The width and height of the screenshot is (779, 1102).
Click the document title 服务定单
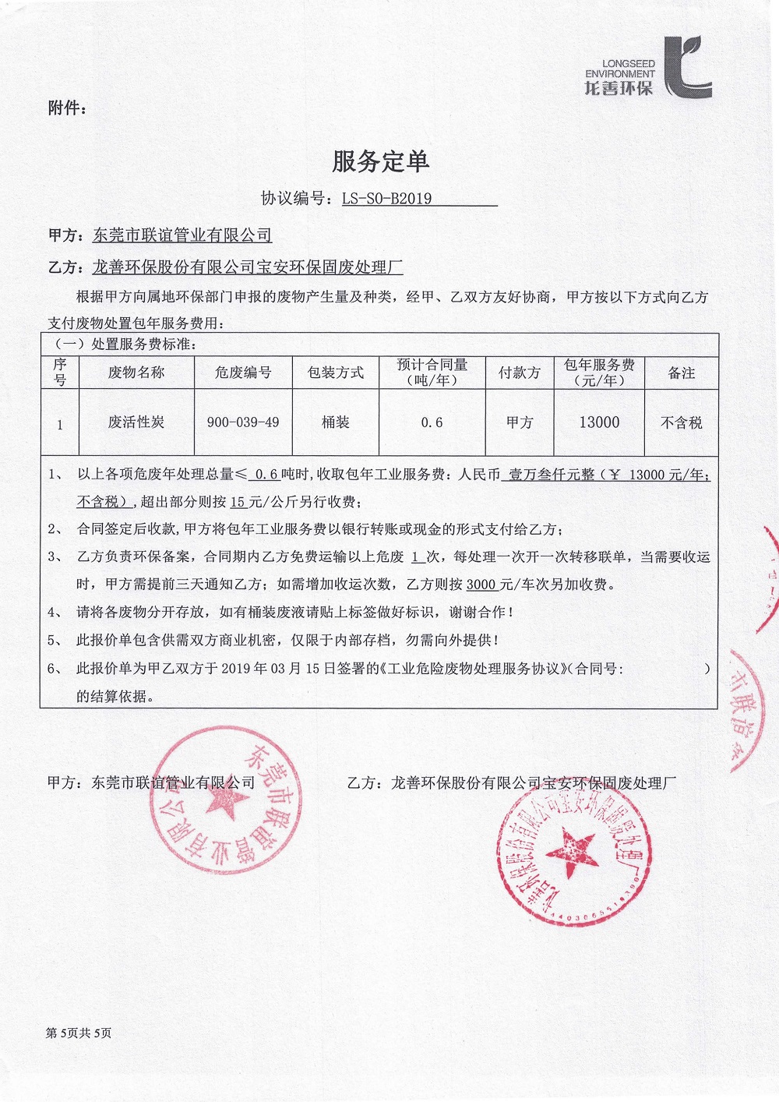click(380, 161)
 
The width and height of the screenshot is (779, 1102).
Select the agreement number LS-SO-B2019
click(386, 199)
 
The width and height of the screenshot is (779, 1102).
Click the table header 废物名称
click(136, 373)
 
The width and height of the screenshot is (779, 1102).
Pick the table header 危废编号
click(243, 373)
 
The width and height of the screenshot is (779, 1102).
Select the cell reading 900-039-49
click(243, 422)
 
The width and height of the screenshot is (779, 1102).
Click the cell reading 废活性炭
click(136, 422)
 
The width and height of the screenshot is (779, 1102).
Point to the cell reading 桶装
click(336, 422)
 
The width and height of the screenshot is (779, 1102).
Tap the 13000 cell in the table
click(599, 422)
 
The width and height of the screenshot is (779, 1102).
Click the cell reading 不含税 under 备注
click(682, 422)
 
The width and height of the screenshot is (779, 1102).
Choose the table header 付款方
click(520, 373)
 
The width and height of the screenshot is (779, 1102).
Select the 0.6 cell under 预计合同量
click(432, 422)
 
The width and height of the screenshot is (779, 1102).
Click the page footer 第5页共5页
click(79, 1033)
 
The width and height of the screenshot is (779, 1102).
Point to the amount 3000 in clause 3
click(481, 585)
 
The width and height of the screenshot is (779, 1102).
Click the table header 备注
click(682, 373)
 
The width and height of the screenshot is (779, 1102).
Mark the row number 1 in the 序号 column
click(60, 425)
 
